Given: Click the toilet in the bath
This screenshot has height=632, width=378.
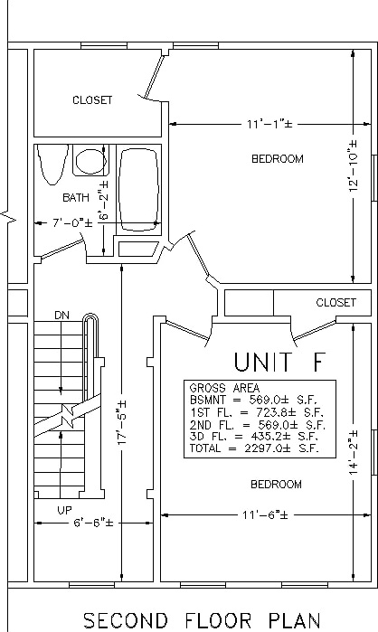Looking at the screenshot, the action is coord(52,165).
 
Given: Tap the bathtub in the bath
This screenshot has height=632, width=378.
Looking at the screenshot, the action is coord(139,190).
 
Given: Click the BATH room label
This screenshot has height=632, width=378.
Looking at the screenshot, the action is coord(76,197).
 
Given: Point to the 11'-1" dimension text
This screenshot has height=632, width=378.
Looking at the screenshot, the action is coord(269,124).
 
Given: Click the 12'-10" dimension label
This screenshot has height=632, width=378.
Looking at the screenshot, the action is coord(354,165).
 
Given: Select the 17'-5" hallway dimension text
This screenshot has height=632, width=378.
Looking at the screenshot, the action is coord(122,423).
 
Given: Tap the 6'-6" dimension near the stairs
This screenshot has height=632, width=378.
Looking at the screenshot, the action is coord(93,523).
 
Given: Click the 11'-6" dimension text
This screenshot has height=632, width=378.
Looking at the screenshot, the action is coord(265,515).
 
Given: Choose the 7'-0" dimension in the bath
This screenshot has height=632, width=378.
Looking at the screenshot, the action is coord(72,223).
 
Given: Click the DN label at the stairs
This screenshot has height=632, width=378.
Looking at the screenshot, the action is coord(61,316).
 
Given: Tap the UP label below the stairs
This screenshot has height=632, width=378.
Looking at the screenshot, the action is coord(64,510).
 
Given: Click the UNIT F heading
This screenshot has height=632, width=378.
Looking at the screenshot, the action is coord(279,362).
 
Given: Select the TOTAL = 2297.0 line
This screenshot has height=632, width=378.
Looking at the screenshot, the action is coord(254,448).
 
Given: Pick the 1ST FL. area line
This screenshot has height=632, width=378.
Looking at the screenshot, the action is coord(257,412).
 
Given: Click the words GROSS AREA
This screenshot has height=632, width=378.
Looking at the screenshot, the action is coord(224,388).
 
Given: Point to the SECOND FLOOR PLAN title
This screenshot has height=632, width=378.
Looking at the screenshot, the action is coord(202,620).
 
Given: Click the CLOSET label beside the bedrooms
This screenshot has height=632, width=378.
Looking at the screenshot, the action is coord(336,302).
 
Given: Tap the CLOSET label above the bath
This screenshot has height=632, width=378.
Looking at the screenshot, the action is coord(92,99).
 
